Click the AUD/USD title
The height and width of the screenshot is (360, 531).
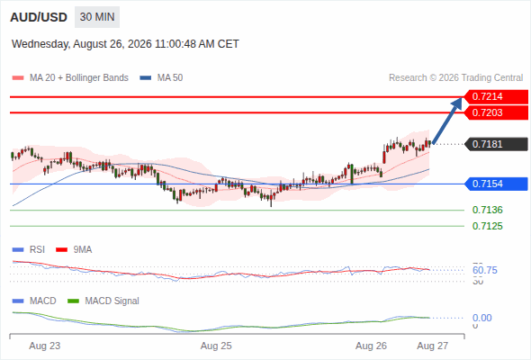(39, 17)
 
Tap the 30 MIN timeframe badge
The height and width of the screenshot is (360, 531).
(97, 17)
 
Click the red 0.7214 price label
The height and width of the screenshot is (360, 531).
(496, 97)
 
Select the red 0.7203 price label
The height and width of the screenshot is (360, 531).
(496, 112)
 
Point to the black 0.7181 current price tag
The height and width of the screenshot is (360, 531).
(496, 144)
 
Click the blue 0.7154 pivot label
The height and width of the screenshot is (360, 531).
(496, 184)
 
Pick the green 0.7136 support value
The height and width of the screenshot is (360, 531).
(487, 210)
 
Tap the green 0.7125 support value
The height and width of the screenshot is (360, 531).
(487, 226)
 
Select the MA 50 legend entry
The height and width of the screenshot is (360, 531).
(161, 78)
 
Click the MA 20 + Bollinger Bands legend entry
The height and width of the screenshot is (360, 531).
(70, 78)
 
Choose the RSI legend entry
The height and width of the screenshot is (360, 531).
(29, 249)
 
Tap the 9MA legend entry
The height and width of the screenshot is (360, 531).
(74, 249)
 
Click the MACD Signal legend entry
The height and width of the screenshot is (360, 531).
(103, 301)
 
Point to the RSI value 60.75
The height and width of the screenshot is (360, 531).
(484, 270)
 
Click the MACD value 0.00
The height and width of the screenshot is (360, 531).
(481, 318)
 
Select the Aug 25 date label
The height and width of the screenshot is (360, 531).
(216, 346)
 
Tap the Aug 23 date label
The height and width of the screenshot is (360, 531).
(45, 346)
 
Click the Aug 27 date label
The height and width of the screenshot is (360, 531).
(433, 346)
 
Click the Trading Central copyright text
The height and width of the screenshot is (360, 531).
(455, 78)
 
